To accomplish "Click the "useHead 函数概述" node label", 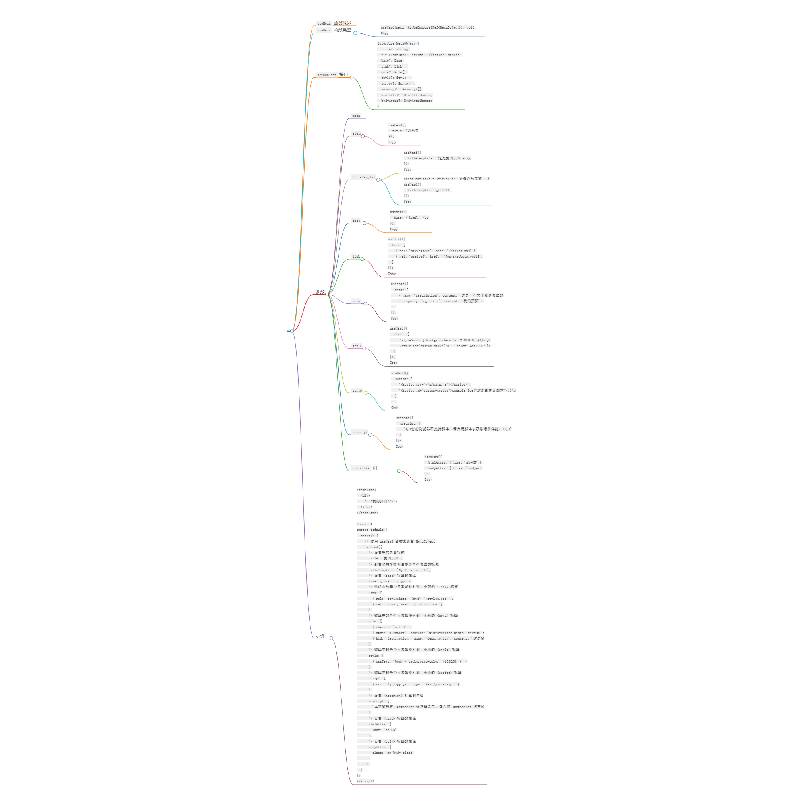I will point(334,23).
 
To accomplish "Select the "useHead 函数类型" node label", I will point(334,30).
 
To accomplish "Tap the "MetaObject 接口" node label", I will point(332,75).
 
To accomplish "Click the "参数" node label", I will point(320,292).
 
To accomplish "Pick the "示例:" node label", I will point(320,636).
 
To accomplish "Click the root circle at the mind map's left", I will point(292,331).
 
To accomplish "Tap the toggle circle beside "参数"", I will point(327,295).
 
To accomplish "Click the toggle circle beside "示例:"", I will point(331,638).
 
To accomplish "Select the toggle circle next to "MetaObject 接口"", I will point(352,78).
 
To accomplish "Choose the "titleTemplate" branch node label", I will point(364,178).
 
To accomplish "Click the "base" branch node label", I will point(356,221).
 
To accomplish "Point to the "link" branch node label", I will point(356,257).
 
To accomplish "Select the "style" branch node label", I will point(357,346).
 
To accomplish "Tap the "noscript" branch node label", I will point(359,433).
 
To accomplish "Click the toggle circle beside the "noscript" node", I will point(370,435).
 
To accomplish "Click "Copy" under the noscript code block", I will point(399,447).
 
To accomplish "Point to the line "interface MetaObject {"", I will point(398,44).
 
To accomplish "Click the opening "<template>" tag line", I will point(366,490).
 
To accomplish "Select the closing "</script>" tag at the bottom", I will point(365,781).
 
